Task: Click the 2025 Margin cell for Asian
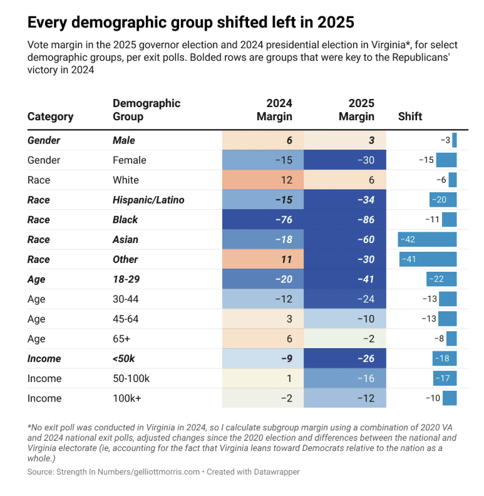tap(346, 239)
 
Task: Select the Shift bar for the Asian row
tap(427, 239)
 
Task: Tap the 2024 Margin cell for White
tap(264, 180)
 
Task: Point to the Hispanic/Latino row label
tap(148, 200)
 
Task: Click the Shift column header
tap(410, 116)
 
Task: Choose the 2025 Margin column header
tap(356, 110)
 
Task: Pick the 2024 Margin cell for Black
tap(264, 220)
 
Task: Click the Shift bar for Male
tap(455, 140)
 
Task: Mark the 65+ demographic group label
tap(122, 339)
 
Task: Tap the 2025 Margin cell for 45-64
tap(346, 319)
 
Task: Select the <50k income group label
tap(124, 358)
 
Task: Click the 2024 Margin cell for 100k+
tap(264, 398)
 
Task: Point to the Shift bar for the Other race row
tap(428, 259)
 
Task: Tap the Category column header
tap(51, 116)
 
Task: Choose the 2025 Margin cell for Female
tap(346, 160)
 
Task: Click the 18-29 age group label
tap(125, 279)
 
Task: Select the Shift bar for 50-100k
tap(445, 378)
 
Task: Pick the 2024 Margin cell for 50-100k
tap(264, 378)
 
